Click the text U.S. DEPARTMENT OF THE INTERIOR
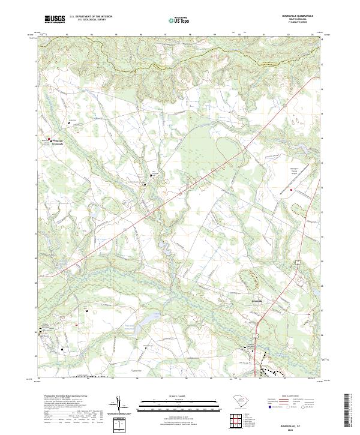coord(91,17)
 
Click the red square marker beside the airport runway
coord(292,190)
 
